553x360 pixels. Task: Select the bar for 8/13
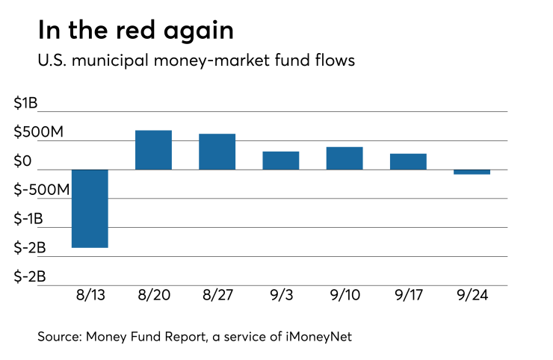click(90, 208)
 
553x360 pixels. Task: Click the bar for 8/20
click(153, 150)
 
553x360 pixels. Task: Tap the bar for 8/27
click(217, 152)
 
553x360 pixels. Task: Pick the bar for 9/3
click(280, 161)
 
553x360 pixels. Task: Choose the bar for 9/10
click(345, 158)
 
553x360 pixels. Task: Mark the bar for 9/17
click(408, 161)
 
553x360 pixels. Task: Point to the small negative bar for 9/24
click(472, 172)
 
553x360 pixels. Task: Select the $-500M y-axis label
click(43, 190)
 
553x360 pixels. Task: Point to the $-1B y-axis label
click(30, 219)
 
